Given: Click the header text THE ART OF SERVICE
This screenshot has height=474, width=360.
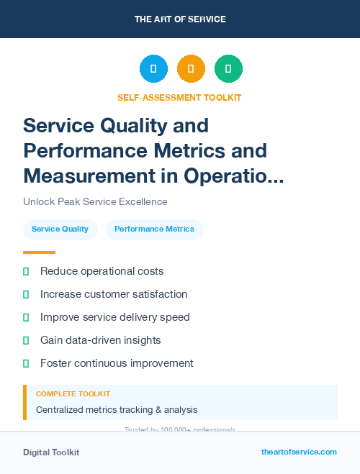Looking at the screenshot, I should pos(180,19).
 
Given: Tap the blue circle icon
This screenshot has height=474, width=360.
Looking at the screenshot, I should pos(153,69).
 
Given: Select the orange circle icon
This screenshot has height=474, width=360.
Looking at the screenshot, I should pos(191,69).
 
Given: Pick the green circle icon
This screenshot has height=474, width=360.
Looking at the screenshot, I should pos(228,69).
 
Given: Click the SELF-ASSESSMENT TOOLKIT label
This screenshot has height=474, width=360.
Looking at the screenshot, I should pos(179,97).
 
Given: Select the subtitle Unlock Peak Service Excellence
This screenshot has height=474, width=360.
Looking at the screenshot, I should pos(95,202).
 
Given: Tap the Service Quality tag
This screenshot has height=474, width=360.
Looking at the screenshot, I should pos(60,229).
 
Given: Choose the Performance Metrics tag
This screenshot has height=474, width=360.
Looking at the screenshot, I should pos(154,229).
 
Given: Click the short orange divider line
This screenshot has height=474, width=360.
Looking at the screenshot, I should pos(39,252).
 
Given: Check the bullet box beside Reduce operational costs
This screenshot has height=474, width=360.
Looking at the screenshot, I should pos(26,271).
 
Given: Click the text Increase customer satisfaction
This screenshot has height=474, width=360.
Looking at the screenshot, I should pos(114,294).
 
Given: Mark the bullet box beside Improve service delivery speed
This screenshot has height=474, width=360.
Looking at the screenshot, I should pos(26,317).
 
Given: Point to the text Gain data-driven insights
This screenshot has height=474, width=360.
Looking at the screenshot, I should pos(101,340).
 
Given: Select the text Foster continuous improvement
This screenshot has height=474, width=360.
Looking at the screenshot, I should pos(117,363).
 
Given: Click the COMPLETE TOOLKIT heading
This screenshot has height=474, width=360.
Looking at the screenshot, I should pos(73,394).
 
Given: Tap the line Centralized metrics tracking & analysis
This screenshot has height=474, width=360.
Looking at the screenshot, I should pos(117,410).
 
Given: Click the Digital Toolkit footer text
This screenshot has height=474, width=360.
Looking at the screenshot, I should pos(51,452).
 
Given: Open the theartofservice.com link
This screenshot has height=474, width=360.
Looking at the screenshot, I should pos(299,452).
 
